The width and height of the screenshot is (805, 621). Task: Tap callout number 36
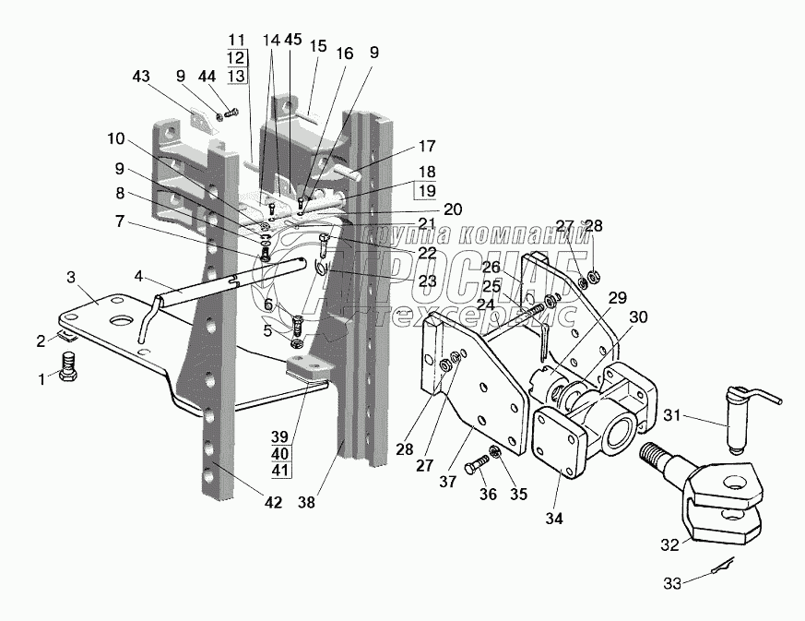[x=488, y=496]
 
